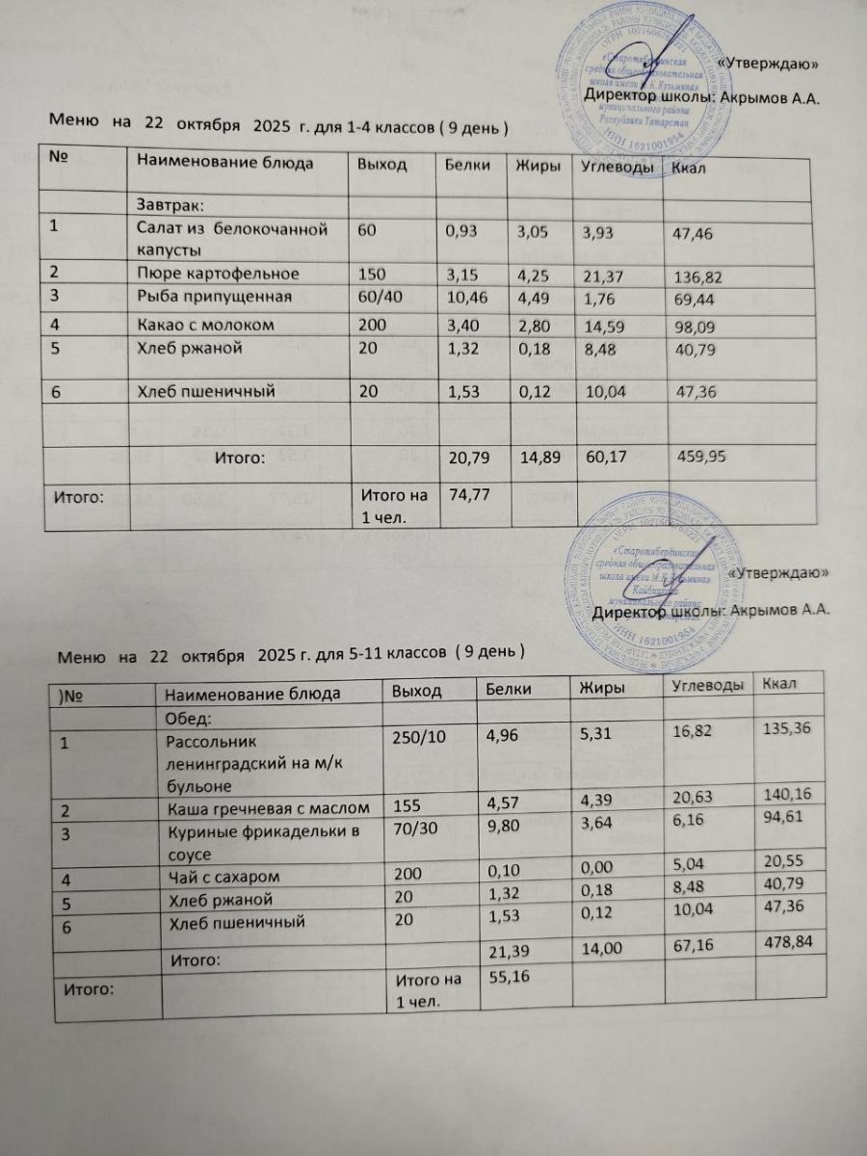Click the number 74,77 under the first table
tap(467, 495)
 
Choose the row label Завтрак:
tap(172, 204)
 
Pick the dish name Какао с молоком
tap(205, 326)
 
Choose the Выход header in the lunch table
tap(417, 692)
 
